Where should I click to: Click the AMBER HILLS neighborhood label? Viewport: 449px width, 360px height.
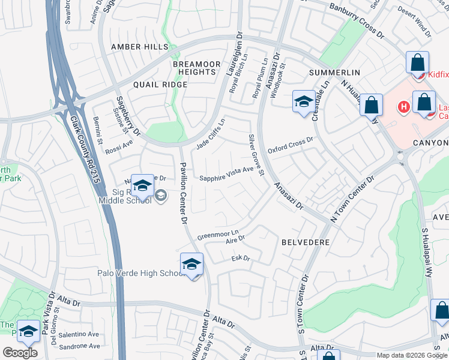[x=139, y=47]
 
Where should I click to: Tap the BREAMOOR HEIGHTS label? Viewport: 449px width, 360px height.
[x=194, y=68]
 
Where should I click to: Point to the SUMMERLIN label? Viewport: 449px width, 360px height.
[x=334, y=73]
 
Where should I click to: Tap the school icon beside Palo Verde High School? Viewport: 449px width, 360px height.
[x=191, y=264]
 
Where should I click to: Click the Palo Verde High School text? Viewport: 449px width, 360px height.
[x=140, y=274]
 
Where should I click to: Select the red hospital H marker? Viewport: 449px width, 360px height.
[x=404, y=107]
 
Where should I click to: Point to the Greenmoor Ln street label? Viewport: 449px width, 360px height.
[x=218, y=233]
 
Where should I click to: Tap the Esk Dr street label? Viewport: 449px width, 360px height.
[x=240, y=259]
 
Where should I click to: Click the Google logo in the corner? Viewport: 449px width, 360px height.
[x=20, y=352]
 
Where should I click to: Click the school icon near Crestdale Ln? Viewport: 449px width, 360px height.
[x=304, y=101]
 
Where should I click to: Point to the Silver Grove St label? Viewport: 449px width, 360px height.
[x=256, y=155]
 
